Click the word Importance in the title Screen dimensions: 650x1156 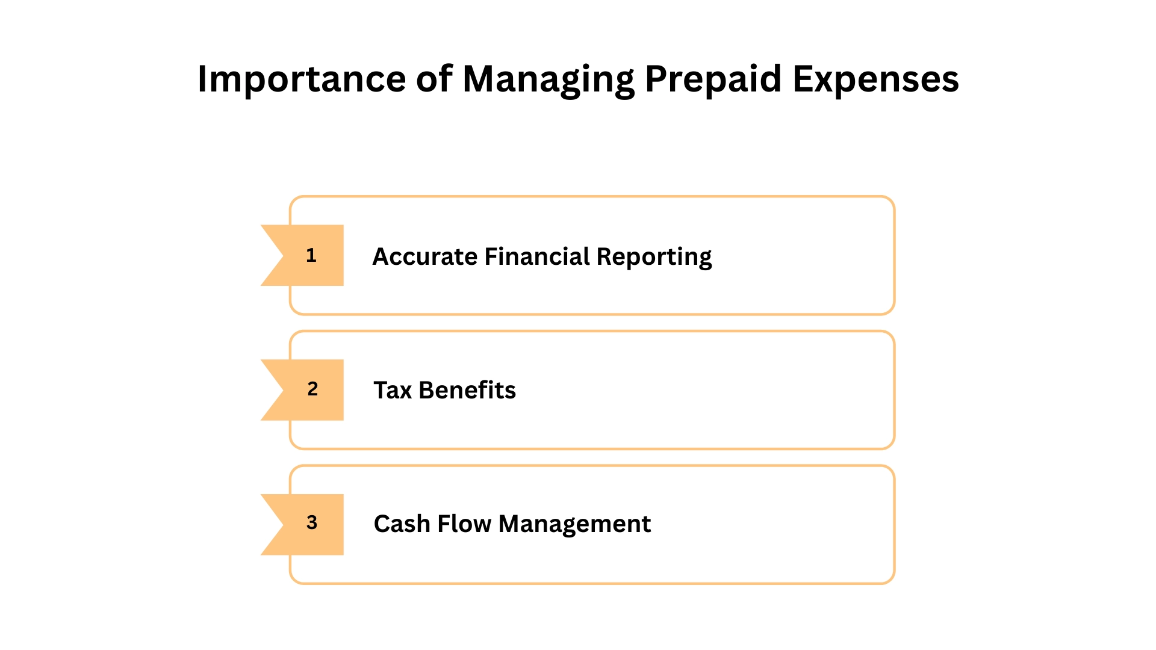[x=302, y=79]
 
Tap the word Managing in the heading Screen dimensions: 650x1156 [x=548, y=79]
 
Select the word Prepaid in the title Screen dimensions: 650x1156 [x=713, y=79]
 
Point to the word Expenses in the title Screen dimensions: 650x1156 [x=875, y=79]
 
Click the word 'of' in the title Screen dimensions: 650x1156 [x=433, y=79]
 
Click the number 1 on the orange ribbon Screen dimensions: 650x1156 [x=311, y=255]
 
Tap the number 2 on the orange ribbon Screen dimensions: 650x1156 [x=312, y=389]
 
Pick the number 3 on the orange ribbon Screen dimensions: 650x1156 [x=312, y=522]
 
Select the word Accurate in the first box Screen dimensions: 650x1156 [x=425, y=256]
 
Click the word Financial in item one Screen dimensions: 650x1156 [x=537, y=256]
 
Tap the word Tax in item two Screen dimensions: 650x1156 [x=393, y=390]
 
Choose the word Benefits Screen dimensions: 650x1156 [x=467, y=390]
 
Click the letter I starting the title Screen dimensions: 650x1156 [x=202, y=79]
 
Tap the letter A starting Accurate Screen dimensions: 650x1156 [x=381, y=256]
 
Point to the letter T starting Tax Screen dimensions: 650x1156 [x=381, y=390]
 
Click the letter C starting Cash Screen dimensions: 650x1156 [x=382, y=524]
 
